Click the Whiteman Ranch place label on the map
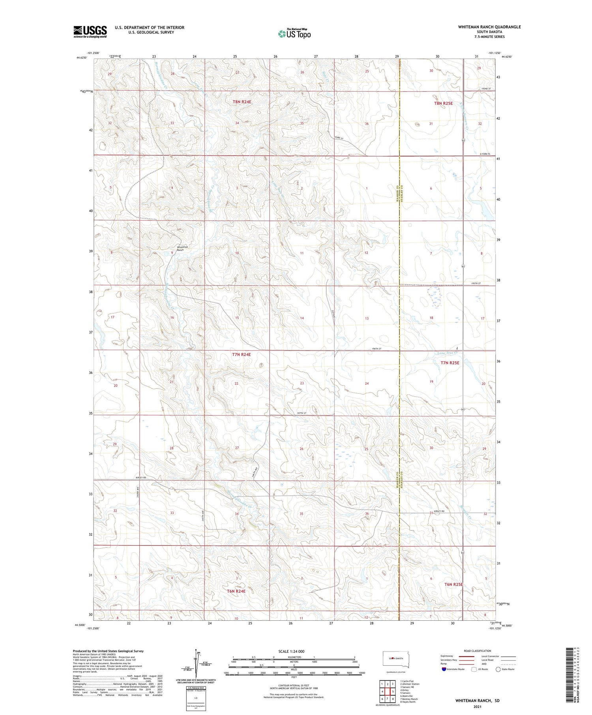(x=180, y=248)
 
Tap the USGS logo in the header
(x=90, y=32)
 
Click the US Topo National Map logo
(x=294, y=34)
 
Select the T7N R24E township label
(x=241, y=355)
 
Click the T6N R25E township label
(x=453, y=584)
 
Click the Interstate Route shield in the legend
(x=444, y=669)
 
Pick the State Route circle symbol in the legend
(x=498, y=669)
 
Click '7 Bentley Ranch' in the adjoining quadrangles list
(x=409, y=699)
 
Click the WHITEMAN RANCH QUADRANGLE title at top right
(x=489, y=27)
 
